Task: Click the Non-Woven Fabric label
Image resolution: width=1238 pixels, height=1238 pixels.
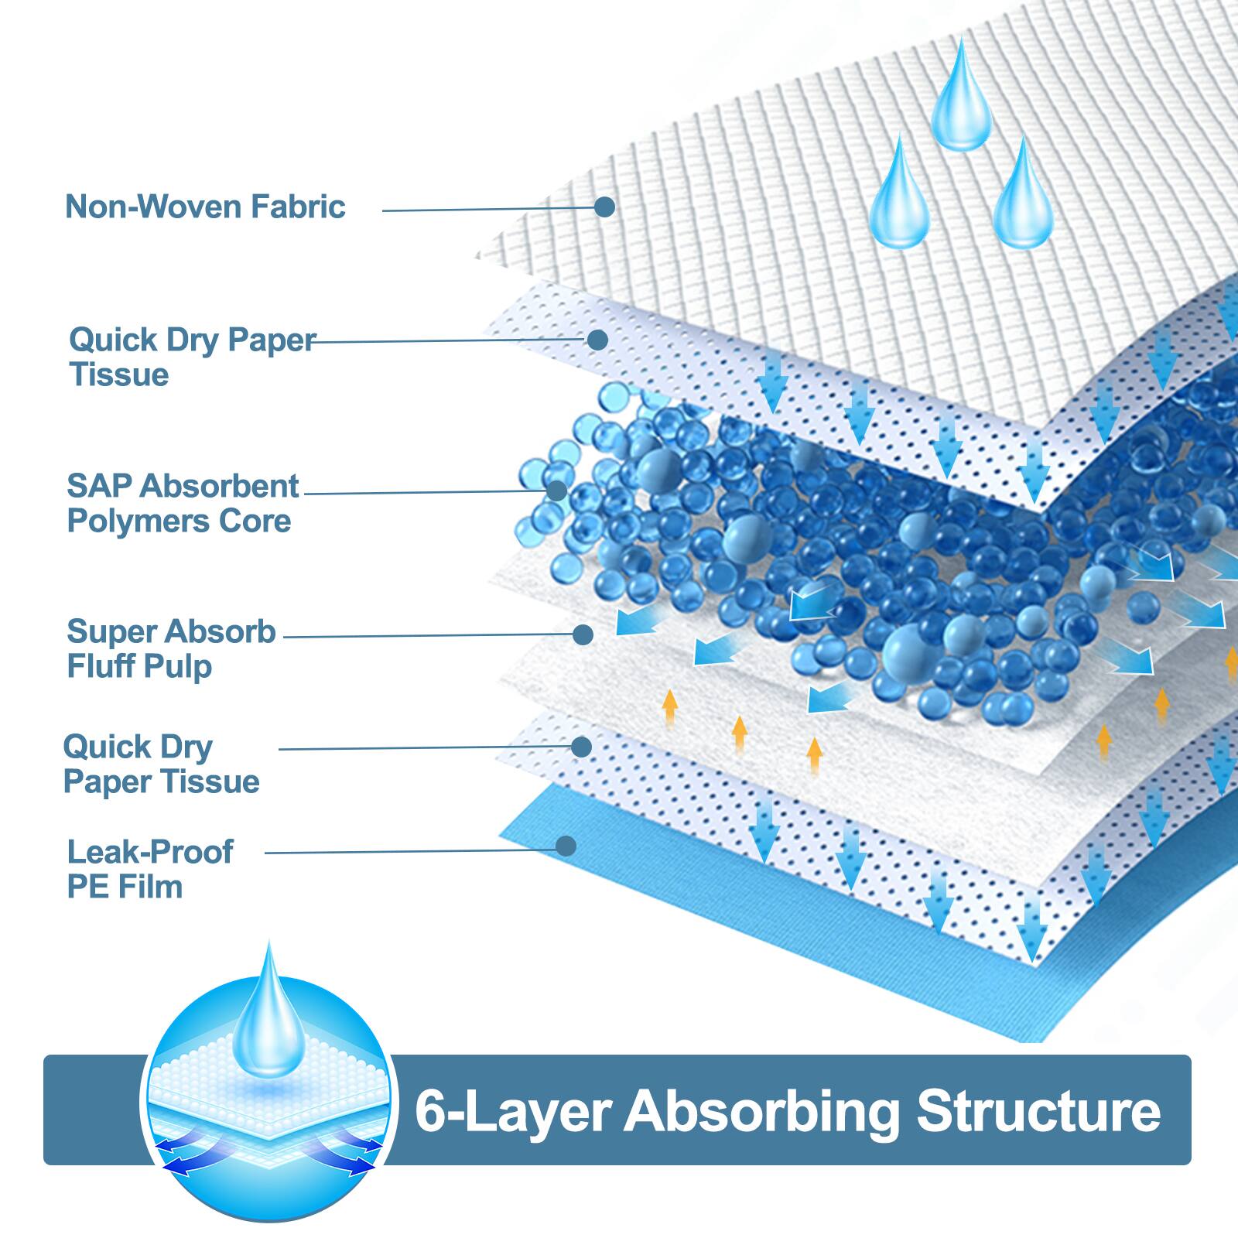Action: [205, 207]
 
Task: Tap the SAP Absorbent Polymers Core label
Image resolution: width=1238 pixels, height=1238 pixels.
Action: [183, 503]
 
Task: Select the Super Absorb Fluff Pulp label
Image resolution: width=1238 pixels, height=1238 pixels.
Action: [171, 648]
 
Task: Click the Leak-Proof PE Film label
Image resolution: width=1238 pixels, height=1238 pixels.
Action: [149, 869]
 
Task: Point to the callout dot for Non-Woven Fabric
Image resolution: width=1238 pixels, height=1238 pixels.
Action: [604, 207]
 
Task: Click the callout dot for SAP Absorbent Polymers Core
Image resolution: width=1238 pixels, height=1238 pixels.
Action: [556, 490]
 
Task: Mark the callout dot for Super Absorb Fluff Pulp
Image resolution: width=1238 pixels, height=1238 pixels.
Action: [583, 634]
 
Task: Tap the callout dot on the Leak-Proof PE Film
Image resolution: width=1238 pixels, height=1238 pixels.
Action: [566, 846]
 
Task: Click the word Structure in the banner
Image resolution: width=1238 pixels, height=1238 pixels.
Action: [1038, 1111]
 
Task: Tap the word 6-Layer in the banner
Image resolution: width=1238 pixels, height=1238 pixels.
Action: [513, 1111]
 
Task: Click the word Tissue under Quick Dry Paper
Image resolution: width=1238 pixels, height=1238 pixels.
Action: [119, 374]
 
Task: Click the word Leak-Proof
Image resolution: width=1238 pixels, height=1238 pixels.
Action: [149, 852]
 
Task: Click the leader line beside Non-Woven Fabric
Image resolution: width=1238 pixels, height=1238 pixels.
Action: [487, 209]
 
